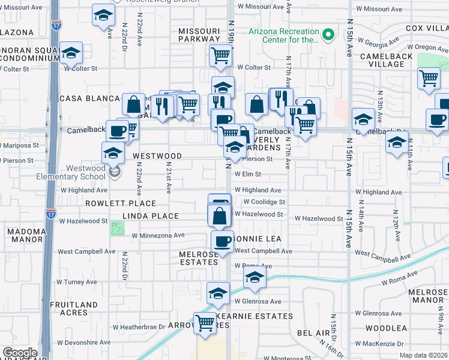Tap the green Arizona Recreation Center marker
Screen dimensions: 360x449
click(328, 35)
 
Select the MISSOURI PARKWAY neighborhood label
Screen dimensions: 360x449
click(199, 35)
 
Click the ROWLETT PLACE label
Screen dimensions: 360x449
click(129, 203)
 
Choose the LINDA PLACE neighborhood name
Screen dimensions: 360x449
click(151, 216)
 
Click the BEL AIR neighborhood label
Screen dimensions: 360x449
click(314, 332)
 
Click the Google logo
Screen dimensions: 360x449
click(20, 353)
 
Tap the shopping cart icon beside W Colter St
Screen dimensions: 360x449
click(221, 56)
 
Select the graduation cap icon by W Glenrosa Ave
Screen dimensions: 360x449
click(218, 293)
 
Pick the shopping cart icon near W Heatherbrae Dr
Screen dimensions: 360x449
click(205, 323)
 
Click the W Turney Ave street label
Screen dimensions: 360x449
click(76, 282)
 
